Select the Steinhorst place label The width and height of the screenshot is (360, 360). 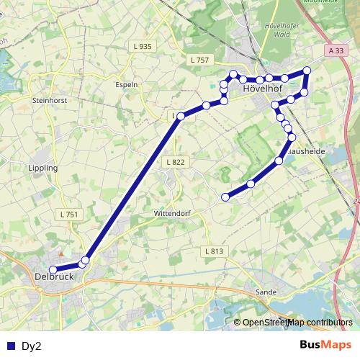point(50,100)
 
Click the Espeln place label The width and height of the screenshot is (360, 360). point(127,84)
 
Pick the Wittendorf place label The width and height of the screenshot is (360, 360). point(171,214)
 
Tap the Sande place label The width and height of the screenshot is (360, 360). point(266,292)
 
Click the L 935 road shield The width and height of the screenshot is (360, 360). point(143,46)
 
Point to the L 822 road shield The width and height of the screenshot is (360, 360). point(174,163)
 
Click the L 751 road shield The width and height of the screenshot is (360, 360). point(69,215)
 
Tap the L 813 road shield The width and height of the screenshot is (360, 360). point(214,251)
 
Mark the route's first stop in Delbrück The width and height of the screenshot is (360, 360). point(53,269)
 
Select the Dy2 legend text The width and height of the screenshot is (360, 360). point(32,346)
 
